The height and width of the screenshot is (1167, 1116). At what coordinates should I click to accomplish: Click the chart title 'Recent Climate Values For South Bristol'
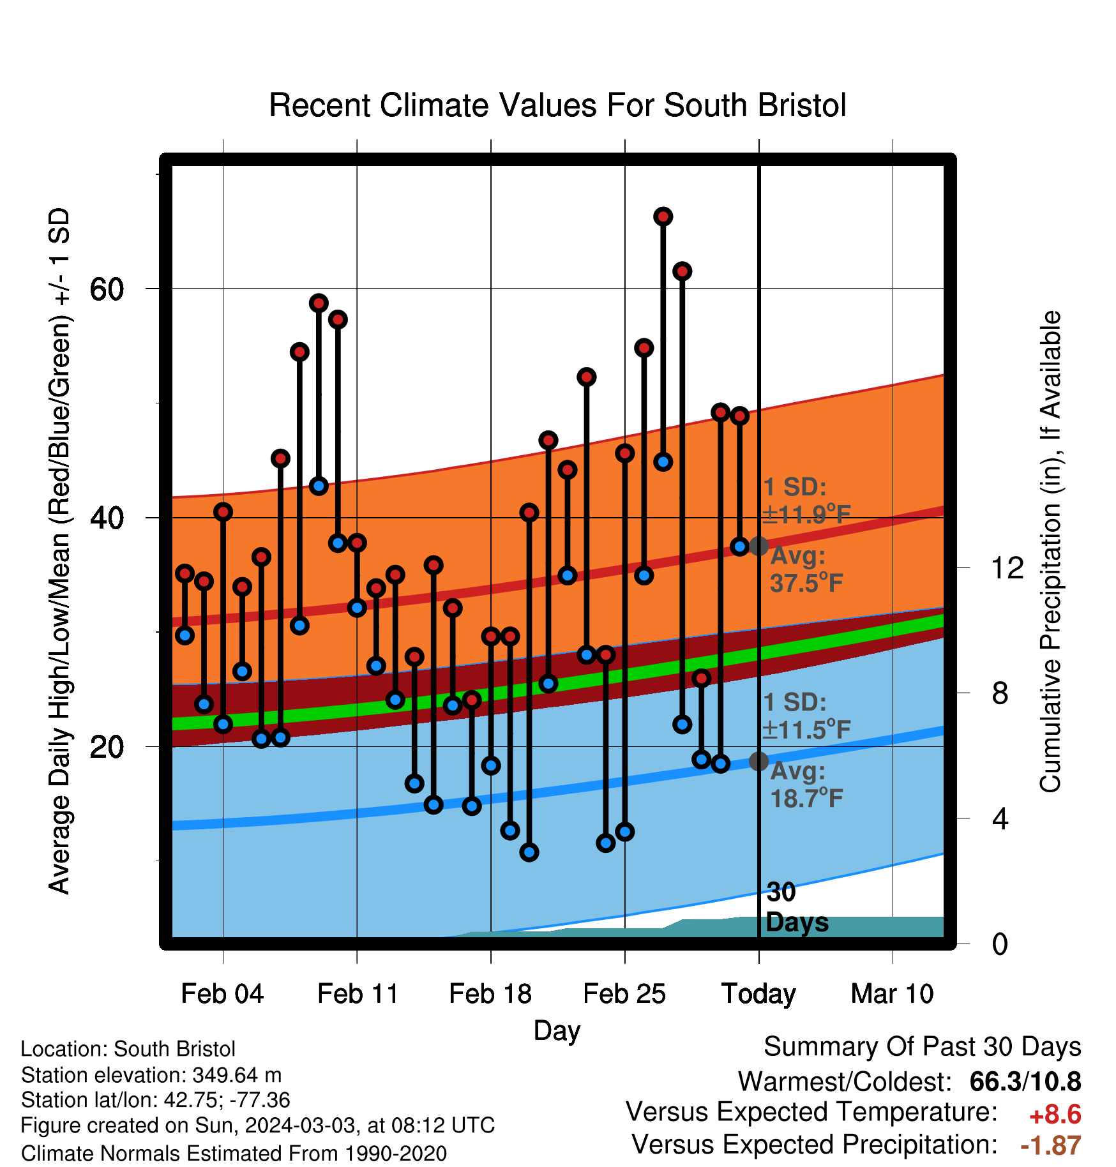pos(557,105)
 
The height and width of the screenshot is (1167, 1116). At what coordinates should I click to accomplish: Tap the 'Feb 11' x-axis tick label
pos(358,994)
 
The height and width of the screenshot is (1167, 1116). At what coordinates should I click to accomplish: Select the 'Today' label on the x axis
pos(758,995)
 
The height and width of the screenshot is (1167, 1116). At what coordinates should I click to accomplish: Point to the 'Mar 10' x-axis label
pos(893,994)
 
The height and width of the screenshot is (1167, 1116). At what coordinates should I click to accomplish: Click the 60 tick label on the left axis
pos(106,289)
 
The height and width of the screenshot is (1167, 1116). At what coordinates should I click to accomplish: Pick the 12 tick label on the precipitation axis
pos(1007,568)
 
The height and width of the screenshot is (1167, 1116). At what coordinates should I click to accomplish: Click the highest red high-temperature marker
pos(663,217)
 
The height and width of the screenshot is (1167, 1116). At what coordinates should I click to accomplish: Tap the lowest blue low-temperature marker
pos(529,852)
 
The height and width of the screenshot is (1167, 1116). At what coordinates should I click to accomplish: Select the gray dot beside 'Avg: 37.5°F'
pos(758,546)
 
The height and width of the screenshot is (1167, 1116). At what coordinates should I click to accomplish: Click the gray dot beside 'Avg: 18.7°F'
pos(758,761)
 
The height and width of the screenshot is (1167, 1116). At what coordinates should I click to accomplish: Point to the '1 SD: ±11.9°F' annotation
pos(806,501)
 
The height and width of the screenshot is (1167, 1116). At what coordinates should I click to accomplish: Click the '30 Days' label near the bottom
pos(797,907)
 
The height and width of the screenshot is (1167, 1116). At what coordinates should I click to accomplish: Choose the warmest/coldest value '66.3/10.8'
pos(1025,1081)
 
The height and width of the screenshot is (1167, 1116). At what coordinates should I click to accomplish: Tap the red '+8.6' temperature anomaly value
pos(1055,1115)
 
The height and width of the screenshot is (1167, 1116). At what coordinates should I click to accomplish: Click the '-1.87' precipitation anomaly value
pos(1051,1145)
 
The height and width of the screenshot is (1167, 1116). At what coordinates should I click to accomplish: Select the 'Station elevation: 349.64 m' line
pos(151,1075)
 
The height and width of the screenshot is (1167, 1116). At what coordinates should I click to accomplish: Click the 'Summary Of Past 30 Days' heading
pos(923,1047)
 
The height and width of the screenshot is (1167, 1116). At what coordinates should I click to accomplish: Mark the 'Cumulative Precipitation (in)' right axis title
pos(1050,552)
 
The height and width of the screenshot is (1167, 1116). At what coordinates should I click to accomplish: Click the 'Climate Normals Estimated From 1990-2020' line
pos(234,1154)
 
